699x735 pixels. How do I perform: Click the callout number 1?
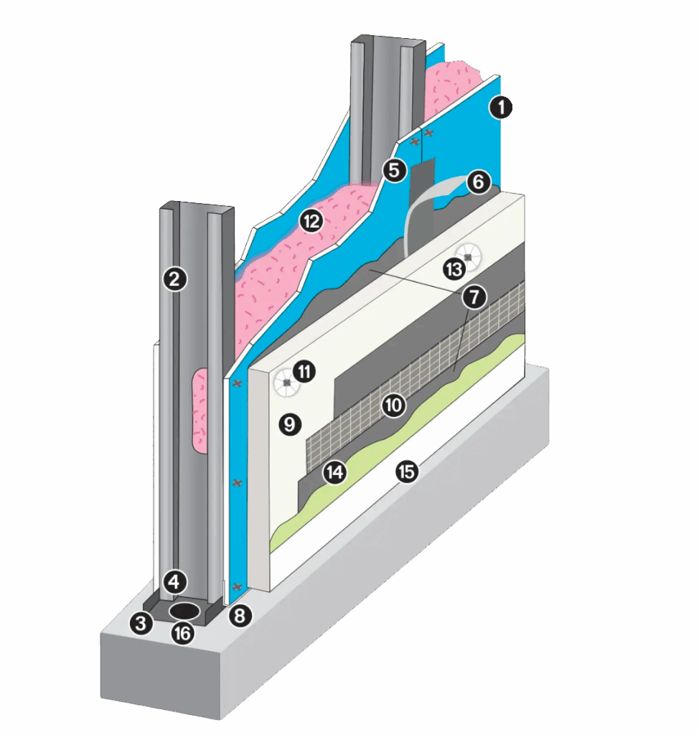click(501, 108)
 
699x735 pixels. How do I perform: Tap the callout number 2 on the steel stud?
click(175, 279)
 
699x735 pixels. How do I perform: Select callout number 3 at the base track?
click(141, 623)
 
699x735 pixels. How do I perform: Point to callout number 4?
click(174, 581)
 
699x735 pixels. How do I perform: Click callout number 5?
click(394, 170)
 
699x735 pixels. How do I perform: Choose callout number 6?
click(478, 182)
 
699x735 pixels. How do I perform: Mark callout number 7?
click(474, 296)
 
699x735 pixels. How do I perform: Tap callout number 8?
click(240, 615)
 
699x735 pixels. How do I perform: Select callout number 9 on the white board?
click(290, 424)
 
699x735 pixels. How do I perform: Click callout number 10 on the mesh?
click(393, 405)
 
